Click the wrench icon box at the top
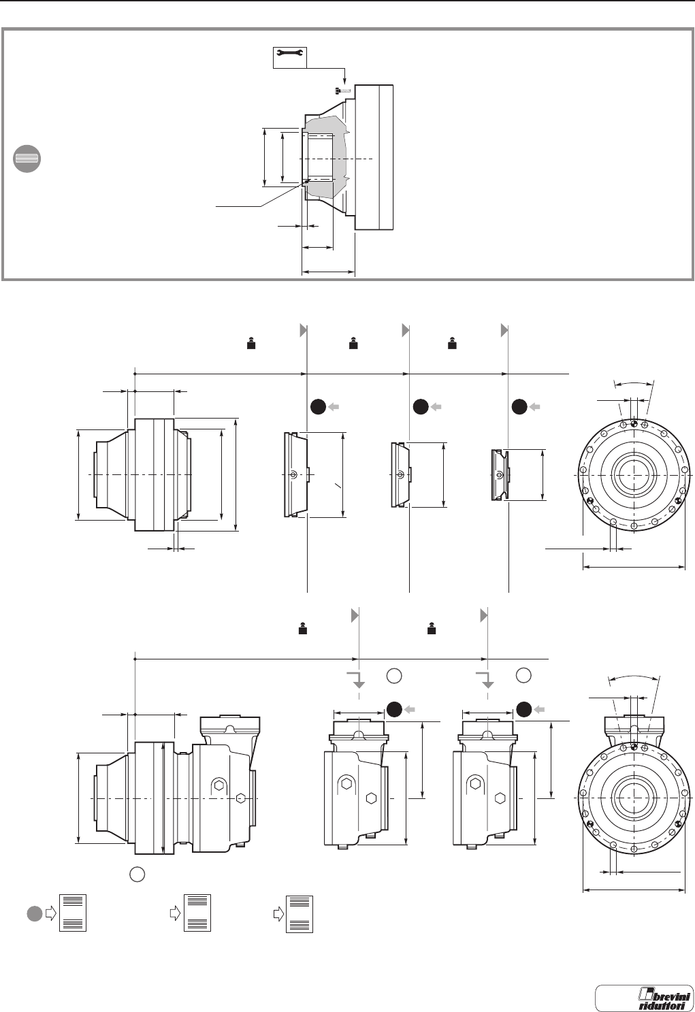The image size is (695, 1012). point(290,57)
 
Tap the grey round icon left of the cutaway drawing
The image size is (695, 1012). point(27,158)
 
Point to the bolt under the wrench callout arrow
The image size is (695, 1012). point(343,91)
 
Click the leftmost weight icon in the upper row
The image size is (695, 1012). point(250,344)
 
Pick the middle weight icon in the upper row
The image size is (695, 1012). point(353,344)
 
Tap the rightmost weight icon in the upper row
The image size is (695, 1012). point(451,344)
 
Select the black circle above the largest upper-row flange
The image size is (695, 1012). point(317,406)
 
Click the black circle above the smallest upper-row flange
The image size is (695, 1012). point(519,406)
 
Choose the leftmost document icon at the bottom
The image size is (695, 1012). point(73,913)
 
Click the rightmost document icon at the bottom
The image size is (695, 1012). point(300,913)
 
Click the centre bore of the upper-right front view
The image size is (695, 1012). point(634,474)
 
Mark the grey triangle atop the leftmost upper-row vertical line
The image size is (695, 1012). point(304,330)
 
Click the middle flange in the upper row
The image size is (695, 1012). point(400,474)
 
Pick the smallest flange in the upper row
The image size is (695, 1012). point(499,474)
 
